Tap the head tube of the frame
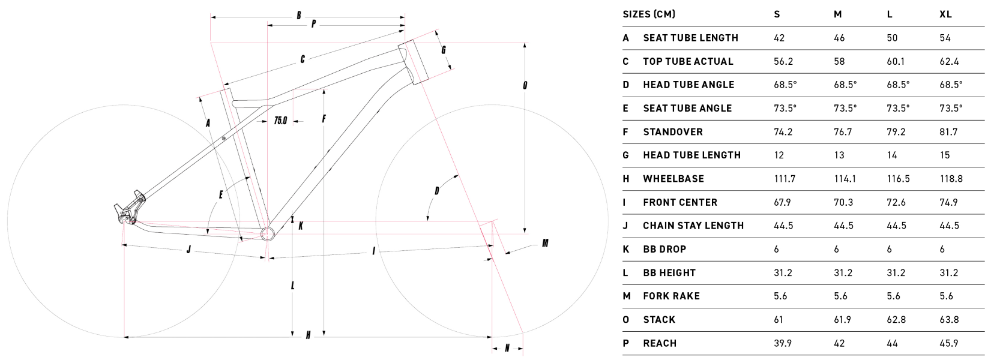(414, 61)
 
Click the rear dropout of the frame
(128, 210)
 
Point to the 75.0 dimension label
(280, 120)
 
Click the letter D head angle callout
(437, 191)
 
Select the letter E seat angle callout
(221, 194)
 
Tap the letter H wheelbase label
(309, 335)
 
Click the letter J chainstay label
(188, 250)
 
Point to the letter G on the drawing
(444, 50)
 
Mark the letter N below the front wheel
(507, 349)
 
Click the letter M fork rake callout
(545, 243)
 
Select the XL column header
(945, 14)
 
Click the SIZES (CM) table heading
(649, 14)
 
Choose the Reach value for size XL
(948, 343)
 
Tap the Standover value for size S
(783, 132)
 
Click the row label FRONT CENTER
(680, 202)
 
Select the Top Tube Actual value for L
(896, 61)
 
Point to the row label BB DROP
(664, 249)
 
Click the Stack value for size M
(842, 320)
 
